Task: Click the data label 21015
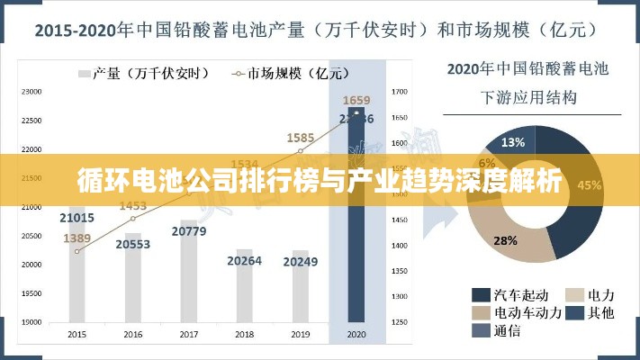pos(77,218)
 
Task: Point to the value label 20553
pos(133,244)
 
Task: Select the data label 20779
pos(189,231)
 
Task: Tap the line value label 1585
pos(301,138)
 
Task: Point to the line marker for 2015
pos(77,251)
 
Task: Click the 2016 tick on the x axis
pos(133,334)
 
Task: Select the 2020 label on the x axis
pos(356,334)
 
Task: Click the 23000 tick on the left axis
pos(32,92)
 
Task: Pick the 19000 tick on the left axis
pos(32,321)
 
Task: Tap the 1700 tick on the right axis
pos(401,92)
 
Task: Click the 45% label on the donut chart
pos(590,185)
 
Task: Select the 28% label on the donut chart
pos(505,240)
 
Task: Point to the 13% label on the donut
pos(513,142)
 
